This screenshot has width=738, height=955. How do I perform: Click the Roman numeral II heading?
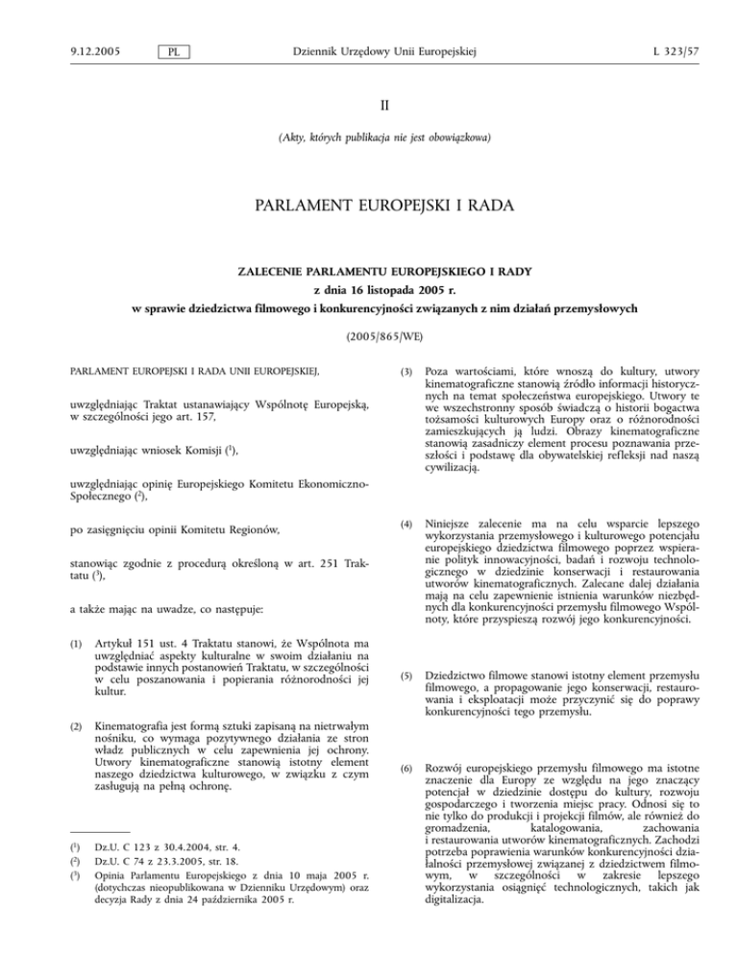pyautogui.click(x=369, y=95)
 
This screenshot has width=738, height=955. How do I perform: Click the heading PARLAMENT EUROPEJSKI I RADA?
pyautogui.click(x=369, y=208)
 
